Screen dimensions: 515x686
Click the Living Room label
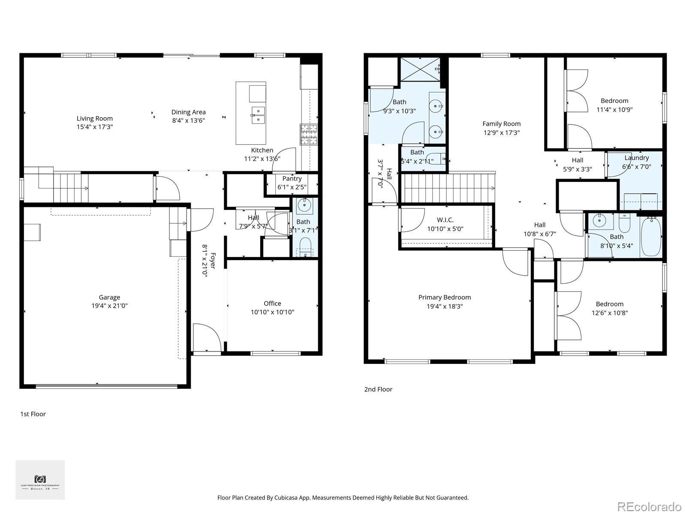95,118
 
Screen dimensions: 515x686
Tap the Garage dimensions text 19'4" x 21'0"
109,306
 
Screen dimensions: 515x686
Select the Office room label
272,303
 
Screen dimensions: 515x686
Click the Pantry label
292,179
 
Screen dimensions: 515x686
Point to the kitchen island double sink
258,115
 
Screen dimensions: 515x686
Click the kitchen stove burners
309,134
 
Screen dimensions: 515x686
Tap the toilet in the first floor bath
305,248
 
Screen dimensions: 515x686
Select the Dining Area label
189,112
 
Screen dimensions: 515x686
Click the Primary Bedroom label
445,297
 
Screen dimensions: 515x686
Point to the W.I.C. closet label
445,220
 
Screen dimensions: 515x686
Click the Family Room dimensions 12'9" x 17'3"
501,133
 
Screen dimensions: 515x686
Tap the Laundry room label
637,158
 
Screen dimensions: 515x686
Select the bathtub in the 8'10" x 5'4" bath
651,237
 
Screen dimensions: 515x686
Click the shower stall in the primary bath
420,69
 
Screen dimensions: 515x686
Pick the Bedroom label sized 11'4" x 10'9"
614,101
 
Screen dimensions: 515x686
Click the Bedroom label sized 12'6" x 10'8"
609,304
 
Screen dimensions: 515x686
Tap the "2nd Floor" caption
378,389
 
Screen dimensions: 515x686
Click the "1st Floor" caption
33,414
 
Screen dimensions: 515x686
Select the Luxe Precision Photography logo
40,480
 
